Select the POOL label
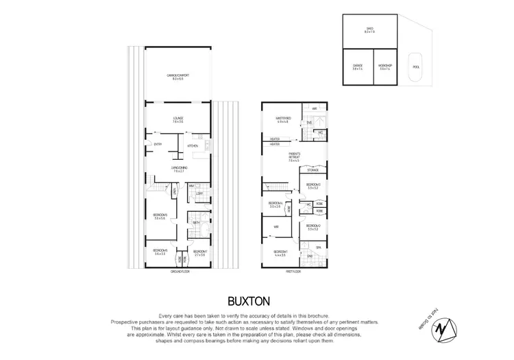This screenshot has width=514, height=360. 416,67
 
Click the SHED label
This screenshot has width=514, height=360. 370,29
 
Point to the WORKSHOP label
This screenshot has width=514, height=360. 384,67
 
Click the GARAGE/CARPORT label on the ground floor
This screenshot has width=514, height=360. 178,77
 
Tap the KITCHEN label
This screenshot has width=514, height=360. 193,146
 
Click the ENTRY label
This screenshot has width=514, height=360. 158,144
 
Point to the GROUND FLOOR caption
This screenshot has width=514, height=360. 178,272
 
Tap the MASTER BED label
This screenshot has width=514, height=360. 284,119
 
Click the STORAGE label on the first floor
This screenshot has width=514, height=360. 313,170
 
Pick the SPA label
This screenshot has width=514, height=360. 318,247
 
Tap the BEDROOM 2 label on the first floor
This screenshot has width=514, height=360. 313,226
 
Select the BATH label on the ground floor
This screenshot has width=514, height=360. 196,222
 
